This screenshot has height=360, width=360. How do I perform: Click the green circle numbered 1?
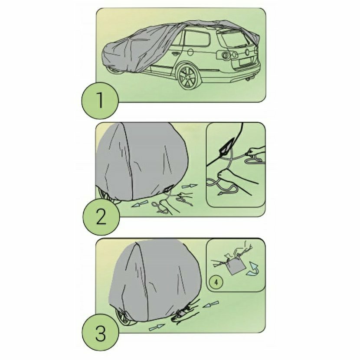click(x=100, y=100)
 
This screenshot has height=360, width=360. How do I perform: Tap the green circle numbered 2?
click(x=101, y=216)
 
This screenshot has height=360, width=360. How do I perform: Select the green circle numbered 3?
click(x=101, y=334)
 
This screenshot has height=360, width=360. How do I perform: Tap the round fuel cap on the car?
click(x=190, y=52)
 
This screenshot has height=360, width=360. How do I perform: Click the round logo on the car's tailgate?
click(x=248, y=52)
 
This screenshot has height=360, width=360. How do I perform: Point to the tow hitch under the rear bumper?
click(x=249, y=80)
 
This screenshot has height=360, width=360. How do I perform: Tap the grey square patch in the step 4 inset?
click(x=235, y=266)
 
